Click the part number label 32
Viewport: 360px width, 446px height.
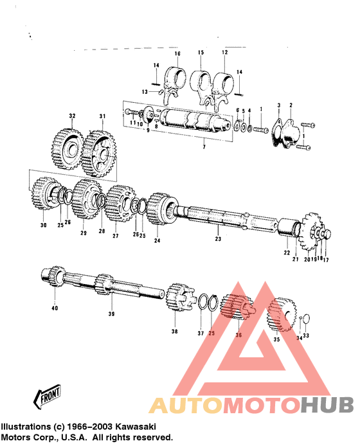pyautogui.click(x=72, y=116)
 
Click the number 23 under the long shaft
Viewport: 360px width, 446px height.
pyautogui.click(x=217, y=239)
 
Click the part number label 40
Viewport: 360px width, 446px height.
pyautogui.click(x=54, y=308)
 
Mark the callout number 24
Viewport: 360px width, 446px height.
pyautogui.click(x=156, y=240)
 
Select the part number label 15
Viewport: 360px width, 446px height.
pyautogui.click(x=201, y=53)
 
